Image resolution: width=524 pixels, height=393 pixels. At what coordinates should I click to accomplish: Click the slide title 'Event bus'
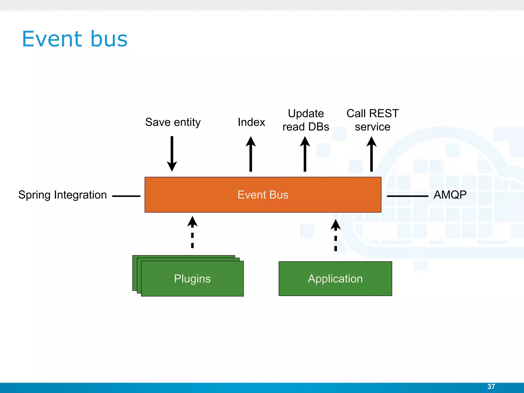tap(75, 39)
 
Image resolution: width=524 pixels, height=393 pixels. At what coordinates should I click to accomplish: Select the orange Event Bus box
tap(263, 195)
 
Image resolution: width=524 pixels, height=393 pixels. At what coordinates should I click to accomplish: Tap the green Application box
tap(335, 279)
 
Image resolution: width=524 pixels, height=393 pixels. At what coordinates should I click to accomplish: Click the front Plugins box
tap(192, 279)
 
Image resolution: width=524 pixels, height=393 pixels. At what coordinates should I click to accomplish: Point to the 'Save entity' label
tap(173, 122)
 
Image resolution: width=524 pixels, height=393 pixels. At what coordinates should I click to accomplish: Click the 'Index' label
tap(251, 122)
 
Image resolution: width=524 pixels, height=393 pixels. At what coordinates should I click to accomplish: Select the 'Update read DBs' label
tap(306, 120)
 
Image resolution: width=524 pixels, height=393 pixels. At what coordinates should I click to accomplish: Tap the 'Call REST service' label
tap(373, 120)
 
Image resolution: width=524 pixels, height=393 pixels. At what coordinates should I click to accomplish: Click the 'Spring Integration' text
tap(62, 195)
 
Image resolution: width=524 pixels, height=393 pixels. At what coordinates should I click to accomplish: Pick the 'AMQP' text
tap(450, 195)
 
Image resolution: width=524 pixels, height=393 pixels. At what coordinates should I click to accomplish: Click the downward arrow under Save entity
tap(172, 154)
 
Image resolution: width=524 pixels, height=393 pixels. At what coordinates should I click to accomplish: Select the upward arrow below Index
tap(251, 154)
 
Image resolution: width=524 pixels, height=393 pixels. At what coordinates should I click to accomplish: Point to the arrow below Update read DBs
tap(305, 154)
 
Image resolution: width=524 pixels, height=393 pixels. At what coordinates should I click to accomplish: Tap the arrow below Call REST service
tap(372, 154)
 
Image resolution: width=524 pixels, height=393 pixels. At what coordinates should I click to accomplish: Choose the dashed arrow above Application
tap(335, 235)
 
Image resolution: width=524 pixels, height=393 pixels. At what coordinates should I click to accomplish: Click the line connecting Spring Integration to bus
tap(126, 196)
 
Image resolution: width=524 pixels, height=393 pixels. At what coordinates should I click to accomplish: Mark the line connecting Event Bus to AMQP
tap(407, 196)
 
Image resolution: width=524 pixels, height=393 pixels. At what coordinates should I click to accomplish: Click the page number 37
tap(491, 386)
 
